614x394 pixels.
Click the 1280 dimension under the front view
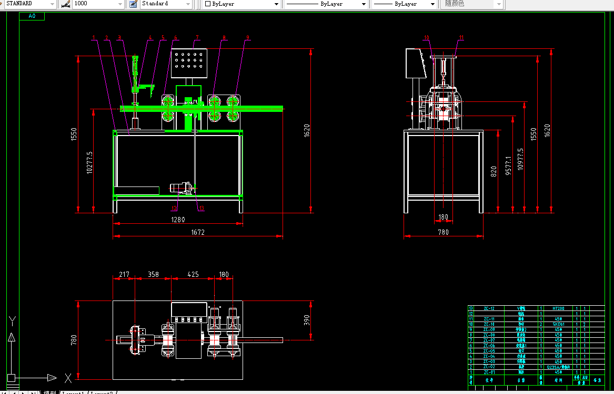click(178, 220)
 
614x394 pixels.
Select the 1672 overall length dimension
click(197, 232)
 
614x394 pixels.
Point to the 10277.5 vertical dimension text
click(89, 162)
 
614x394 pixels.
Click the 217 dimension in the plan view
click(124, 274)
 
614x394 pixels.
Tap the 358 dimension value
click(153, 274)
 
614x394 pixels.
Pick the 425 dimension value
click(193, 274)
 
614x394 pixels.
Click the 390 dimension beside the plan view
click(307, 320)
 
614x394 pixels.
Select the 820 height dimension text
click(494, 171)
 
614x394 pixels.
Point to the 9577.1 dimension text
click(508, 165)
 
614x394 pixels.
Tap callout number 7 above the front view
click(197, 37)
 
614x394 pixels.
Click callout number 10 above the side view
click(426, 37)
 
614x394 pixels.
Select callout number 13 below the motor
click(200, 209)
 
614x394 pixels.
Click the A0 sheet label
click(32, 16)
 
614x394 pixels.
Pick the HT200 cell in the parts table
click(558, 308)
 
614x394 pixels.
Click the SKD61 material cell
click(558, 324)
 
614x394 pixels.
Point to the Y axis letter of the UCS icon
click(14, 320)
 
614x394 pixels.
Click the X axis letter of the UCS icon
click(68, 377)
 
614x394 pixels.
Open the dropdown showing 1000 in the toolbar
click(98, 4)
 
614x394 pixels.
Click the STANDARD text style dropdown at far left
click(29, 4)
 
